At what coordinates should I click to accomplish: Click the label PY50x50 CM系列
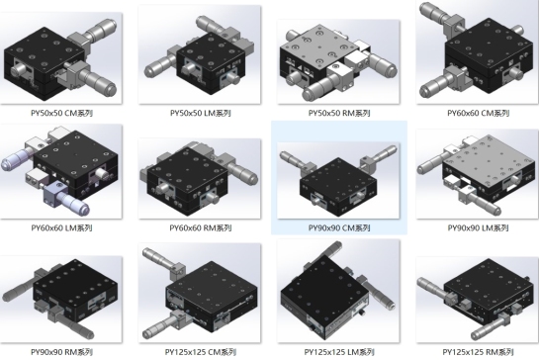click(x=62, y=113)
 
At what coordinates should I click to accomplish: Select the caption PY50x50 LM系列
click(x=201, y=113)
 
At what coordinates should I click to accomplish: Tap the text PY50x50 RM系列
click(x=339, y=113)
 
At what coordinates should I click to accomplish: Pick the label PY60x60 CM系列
click(x=478, y=113)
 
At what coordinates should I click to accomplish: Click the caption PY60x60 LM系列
click(x=62, y=227)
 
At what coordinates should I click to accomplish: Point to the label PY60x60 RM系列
click(x=201, y=227)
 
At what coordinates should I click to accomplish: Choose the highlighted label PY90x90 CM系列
click(x=339, y=227)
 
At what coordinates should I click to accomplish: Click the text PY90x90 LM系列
click(x=478, y=227)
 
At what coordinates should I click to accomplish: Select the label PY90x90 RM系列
click(x=62, y=352)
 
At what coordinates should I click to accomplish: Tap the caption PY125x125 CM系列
click(x=201, y=352)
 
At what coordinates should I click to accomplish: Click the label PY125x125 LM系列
click(x=339, y=352)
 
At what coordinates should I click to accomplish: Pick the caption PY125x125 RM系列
click(x=478, y=352)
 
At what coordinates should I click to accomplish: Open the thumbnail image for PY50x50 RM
click(x=338, y=61)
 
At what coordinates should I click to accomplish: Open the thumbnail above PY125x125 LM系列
click(x=338, y=291)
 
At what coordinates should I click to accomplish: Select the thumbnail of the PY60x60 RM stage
click(x=200, y=178)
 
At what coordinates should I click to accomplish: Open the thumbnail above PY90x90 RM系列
click(x=61, y=299)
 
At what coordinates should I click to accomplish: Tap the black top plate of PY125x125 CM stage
click(x=213, y=287)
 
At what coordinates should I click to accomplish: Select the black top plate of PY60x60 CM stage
click(x=489, y=43)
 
